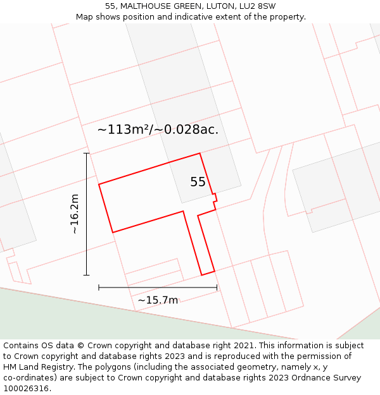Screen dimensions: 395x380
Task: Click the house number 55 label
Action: (x=198, y=182)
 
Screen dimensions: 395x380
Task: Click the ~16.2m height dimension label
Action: (x=75, y=214)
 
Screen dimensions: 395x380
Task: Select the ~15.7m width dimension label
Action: (x=158, y=300)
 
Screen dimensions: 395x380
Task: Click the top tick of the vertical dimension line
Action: (x=86, y=153)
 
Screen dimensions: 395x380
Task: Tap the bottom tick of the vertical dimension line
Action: (x=86, y=275)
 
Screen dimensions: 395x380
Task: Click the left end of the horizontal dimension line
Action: (x=99, y=288)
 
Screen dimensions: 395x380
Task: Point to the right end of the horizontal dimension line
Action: (x=217, y=288)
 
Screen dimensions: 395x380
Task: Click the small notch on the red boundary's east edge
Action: (x=215, y=198)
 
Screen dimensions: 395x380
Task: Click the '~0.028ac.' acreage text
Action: (x=187, y=130)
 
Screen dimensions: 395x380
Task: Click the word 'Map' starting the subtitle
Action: (x=84, y=17)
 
